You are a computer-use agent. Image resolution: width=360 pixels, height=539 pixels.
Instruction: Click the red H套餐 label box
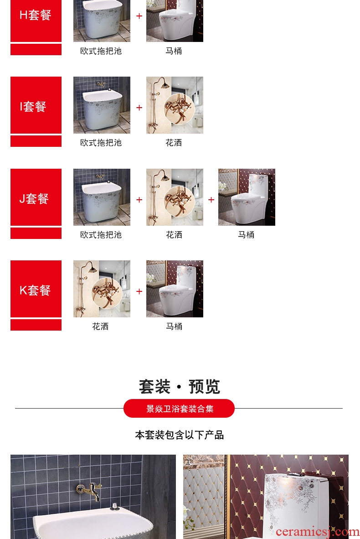tap(36, 21)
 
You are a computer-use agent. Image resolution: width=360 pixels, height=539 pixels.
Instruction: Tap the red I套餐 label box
tap(36, 105)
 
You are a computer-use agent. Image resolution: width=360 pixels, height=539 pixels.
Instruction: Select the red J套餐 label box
tap(36, 197)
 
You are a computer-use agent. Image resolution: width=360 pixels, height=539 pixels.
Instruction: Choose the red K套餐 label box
tap(36, 289)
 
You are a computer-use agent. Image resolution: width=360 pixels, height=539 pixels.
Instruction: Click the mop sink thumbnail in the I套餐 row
tap(102, 105)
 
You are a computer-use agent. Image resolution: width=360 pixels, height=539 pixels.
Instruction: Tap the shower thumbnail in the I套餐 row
tap(175, 105)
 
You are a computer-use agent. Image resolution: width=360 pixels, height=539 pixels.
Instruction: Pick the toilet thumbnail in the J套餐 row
tap(247, 197)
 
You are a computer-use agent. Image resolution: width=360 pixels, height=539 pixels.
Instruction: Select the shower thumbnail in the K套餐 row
tap(102, 289)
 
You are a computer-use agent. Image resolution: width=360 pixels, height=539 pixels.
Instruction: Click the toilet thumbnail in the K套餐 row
tap(175, 289)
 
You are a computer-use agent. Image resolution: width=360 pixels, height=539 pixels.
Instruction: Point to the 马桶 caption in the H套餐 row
tap(174, 51)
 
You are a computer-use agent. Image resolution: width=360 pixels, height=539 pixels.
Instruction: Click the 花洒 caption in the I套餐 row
tap(174, 143)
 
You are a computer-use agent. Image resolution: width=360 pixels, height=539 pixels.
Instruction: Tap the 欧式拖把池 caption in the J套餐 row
tap(101, 235)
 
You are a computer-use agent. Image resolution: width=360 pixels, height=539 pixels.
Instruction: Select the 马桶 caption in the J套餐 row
tap(246, 235)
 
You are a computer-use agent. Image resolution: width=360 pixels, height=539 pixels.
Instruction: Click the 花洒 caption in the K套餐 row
tap(100, 326)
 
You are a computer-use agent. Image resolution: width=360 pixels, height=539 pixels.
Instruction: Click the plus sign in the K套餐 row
tap(139, 291)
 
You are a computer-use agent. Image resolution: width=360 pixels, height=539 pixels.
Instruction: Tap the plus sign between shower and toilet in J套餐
tap(211, 200)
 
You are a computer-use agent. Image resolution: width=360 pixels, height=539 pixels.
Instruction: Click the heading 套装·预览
tap(179, 387)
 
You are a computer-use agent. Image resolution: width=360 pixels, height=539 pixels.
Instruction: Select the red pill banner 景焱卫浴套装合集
tap(179, 409)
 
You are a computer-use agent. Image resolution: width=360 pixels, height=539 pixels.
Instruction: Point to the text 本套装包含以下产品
tap(179, 435)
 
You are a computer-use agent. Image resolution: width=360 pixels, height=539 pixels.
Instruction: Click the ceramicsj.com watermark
tap(318, 532)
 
